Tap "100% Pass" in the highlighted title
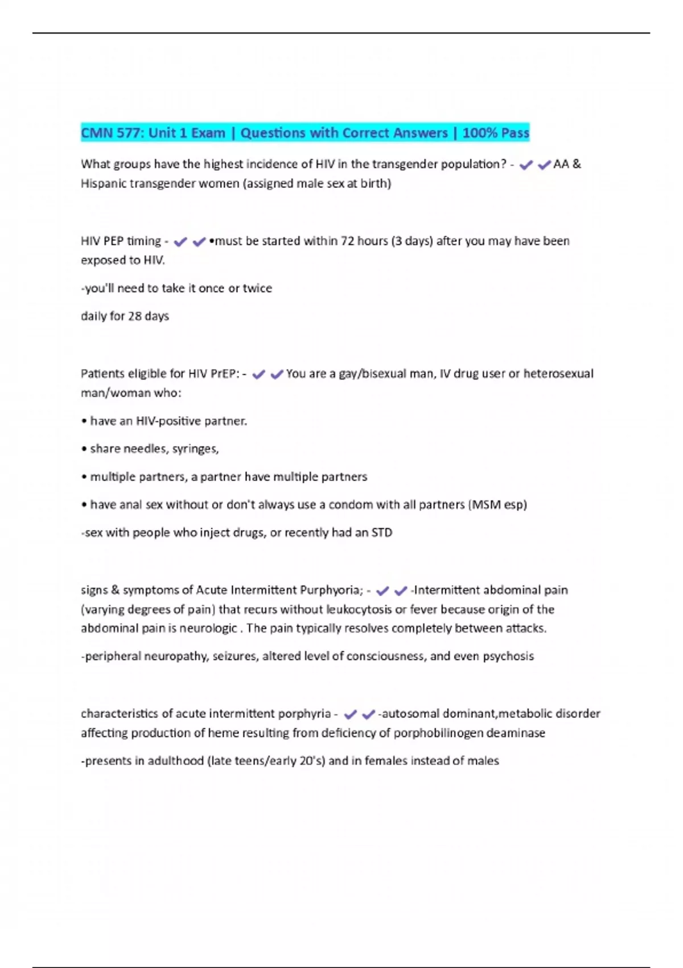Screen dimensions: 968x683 click(x=496, y=133)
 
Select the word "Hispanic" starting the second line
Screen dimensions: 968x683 click(x=103, y=183)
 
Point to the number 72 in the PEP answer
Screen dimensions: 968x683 click(x=347, y=241)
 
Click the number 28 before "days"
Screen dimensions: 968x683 click(x=134, y=316)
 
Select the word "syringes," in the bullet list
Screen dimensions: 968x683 click(x=195, y=449)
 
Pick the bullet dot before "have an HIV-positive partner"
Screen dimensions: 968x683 click(x=84, y=421)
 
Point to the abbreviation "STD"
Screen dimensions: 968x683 click(x=381, y=532)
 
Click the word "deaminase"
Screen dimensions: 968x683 click(x=517, y=733)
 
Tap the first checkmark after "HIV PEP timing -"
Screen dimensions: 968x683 click(x=180, y=242)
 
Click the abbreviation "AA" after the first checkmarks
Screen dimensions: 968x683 click(x=561, y=164)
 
